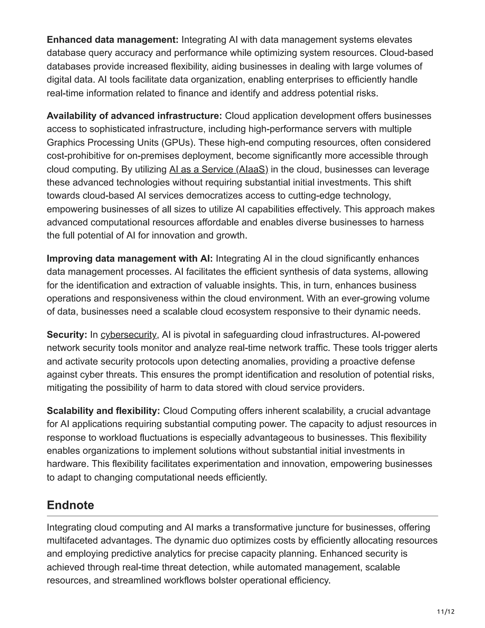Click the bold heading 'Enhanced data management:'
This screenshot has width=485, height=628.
113,40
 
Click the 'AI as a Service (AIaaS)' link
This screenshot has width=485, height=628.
218,169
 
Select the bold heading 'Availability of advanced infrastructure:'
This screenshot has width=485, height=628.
134,116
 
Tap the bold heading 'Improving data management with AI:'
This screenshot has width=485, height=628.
130,259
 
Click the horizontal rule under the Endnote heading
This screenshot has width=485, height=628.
242,516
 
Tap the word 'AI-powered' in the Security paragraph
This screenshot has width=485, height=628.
396,335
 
